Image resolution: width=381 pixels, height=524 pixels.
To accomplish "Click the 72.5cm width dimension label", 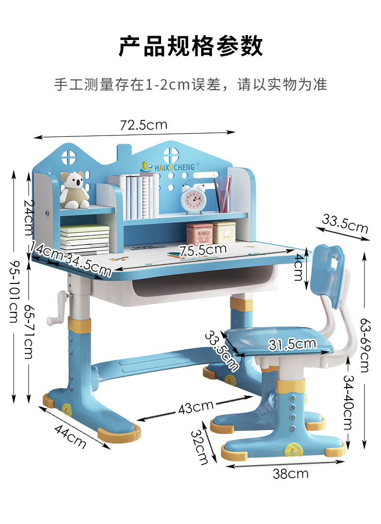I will pos(144,125).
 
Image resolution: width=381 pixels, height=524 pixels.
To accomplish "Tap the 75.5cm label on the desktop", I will pos(203,250).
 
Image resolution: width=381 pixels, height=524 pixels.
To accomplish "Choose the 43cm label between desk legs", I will pos(196,408).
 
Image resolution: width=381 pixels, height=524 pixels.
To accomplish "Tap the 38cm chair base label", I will pos(290,474).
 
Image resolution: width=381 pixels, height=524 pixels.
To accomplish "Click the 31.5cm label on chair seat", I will pos(292,344).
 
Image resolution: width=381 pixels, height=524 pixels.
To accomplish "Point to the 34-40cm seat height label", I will pos(347,403).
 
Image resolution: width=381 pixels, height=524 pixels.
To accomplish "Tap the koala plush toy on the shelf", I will pos(74,190).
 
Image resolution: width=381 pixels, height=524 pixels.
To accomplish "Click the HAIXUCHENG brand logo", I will pos(168,166).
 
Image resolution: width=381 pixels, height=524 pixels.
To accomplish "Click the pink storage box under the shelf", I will pos(199,233).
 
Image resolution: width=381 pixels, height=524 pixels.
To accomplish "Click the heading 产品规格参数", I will pos(191,46).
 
